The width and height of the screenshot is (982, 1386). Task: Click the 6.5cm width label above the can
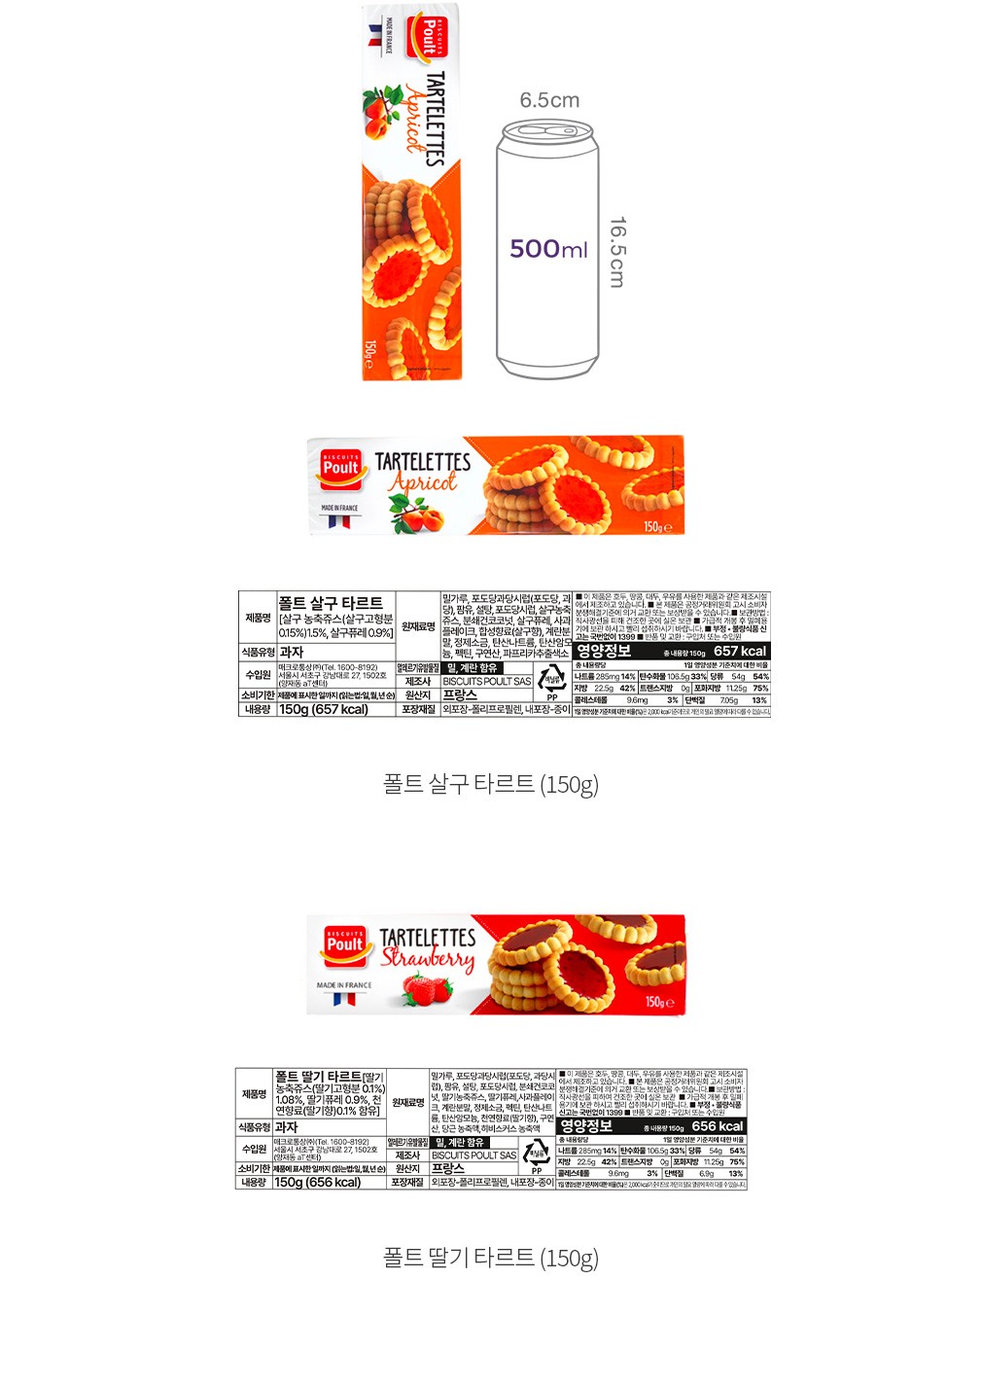coord(549,100)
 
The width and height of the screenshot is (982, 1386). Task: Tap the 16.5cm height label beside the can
coord(616,252)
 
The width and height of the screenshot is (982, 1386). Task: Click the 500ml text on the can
coord(548,249)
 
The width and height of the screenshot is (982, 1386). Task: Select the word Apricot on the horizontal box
coord(423,482)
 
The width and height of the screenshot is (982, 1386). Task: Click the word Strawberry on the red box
coord(428,958)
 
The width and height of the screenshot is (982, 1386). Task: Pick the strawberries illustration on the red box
coord(428,991)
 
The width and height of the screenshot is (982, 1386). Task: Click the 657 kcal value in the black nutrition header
coord(740,652)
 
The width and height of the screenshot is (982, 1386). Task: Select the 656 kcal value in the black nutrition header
coord(718,1126)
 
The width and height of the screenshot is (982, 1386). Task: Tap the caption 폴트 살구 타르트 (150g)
coord(490,784)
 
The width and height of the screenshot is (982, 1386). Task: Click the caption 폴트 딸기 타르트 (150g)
coord(490,1258)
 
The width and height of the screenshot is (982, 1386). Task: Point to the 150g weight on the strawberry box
coord(658,1002)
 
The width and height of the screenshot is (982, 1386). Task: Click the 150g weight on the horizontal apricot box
coord(657,526)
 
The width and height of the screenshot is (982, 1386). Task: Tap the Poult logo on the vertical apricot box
coord(426,37)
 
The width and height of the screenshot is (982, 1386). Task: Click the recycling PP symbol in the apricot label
coord(552,682)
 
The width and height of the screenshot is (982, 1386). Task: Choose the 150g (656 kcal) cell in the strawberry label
coord(318,1183)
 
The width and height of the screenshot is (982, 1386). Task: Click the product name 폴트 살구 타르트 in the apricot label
coord(331,603)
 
